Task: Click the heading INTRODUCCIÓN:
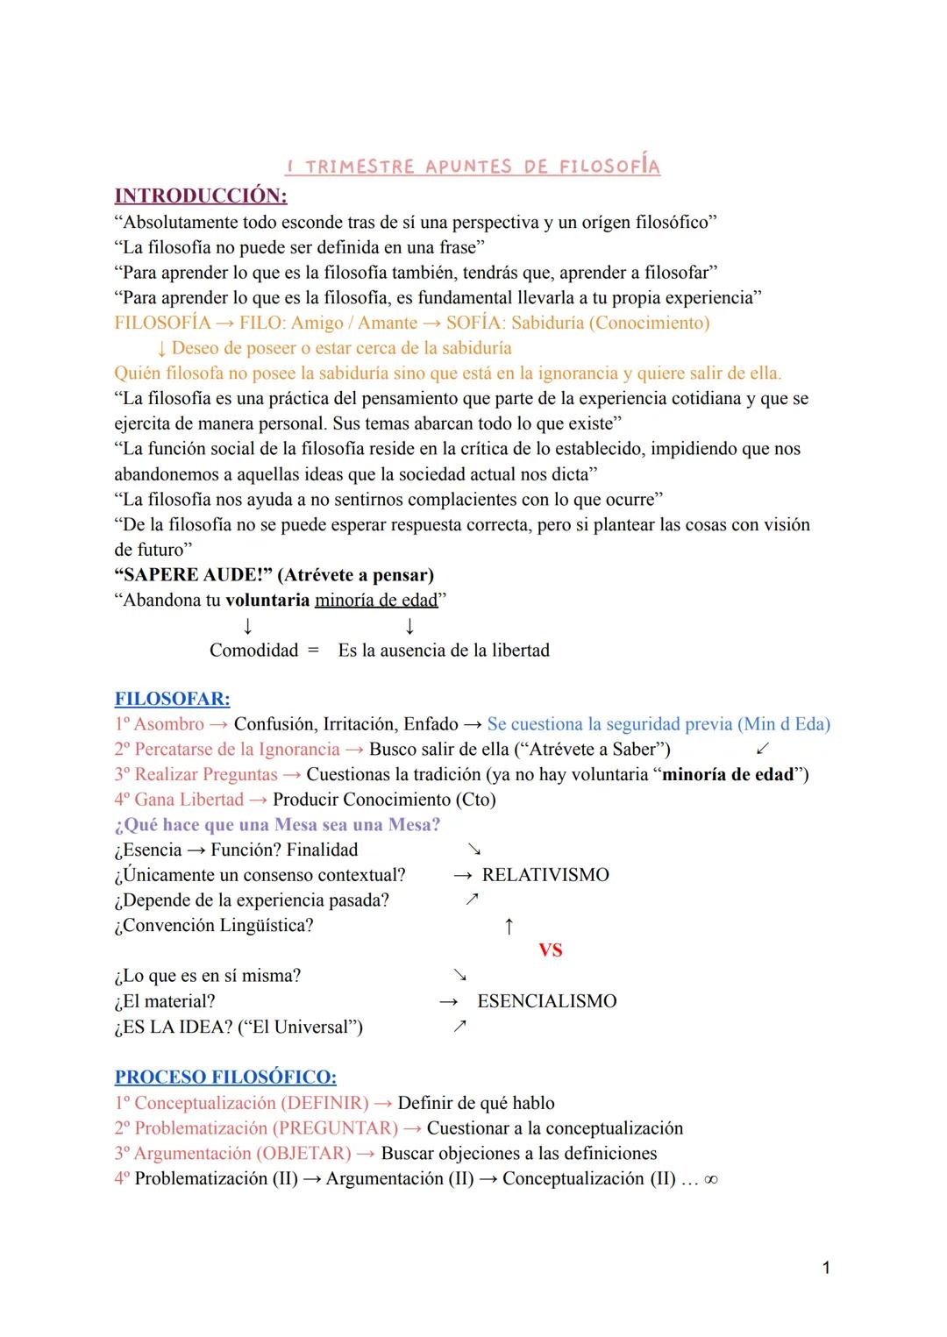tap(201, 195)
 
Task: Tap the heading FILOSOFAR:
tap(172, 699)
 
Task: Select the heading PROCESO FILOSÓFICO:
tap(225, 1077)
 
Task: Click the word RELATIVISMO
tap(545, 875)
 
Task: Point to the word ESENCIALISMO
tap(546, 1001)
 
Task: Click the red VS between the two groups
tap(551, 950)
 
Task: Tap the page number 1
tap(826, 1268)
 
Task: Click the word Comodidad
tap(253, 651)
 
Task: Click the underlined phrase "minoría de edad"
tap(376, 601)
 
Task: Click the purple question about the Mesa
tap(277, 825)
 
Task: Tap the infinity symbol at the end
tap(711, 1179)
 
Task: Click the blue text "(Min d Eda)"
tap(784, 724)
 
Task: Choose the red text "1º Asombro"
tap(159, 724)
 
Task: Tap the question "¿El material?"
tap(164, 1001)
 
